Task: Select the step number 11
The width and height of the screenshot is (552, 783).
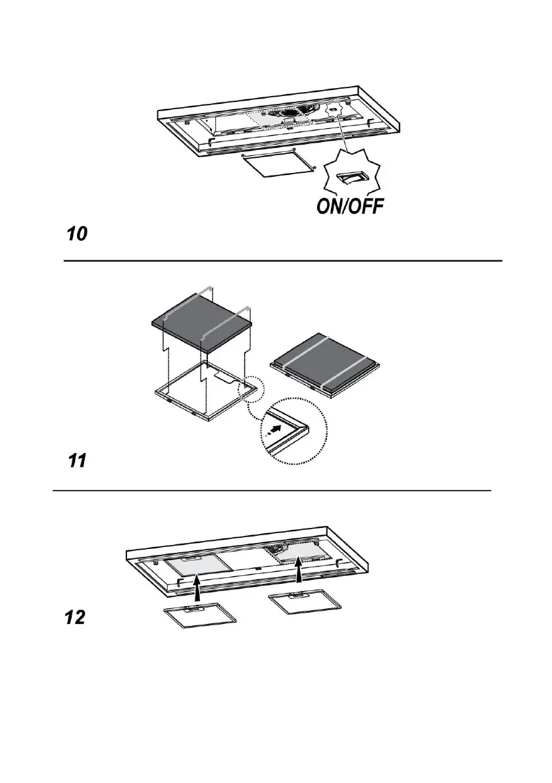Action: click(x=77, y=462)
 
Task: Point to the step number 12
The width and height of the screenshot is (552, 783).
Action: click(x=76, y=619)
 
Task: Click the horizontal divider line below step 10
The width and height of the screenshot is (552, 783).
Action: click(x=282, y=261)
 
